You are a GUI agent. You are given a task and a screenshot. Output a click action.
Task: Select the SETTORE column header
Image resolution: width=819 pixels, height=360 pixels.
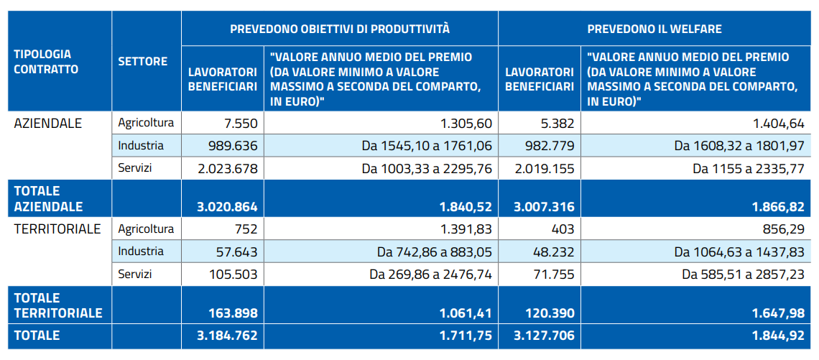point(142,62)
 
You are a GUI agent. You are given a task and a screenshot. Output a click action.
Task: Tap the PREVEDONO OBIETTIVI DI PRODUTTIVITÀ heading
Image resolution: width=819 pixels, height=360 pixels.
point(339,29)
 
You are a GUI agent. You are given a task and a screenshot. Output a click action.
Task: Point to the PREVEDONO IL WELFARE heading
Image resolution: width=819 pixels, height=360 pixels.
point(654,29)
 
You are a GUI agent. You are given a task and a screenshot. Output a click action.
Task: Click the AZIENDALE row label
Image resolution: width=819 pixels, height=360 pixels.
point(48,123)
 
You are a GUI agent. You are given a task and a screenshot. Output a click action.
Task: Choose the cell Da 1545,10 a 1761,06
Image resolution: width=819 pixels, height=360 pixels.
point(427,146)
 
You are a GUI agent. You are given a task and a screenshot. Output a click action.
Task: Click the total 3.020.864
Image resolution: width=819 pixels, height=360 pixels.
point(226,207)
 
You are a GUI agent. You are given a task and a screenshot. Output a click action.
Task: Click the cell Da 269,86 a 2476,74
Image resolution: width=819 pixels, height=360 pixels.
point(430,274)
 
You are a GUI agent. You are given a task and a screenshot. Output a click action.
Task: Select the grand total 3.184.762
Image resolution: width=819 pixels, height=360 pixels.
point(226,335)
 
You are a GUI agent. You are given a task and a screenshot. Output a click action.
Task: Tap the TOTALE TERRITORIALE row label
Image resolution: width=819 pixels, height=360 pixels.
point(58,305)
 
